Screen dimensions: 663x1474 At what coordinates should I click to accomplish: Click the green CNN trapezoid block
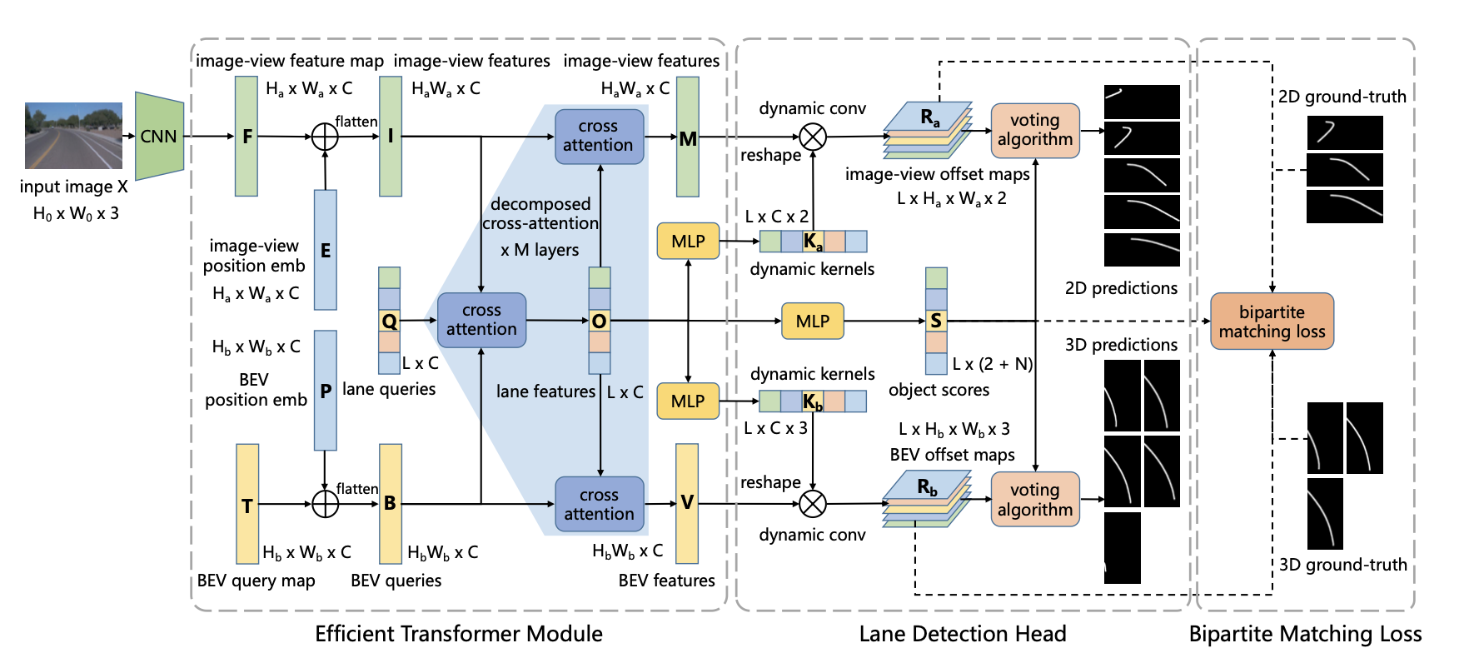click(x=159, y=136)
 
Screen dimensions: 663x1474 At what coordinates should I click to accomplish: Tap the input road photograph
click(x=73, y=136)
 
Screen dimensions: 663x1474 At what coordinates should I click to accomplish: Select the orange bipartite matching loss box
click(x=1272, y=322)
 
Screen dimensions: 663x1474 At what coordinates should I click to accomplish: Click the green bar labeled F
click(x=246, y=137)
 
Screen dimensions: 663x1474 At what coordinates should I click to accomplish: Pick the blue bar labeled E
click(x=326, y=250)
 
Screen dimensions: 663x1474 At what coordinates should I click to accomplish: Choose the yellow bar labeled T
click(x=247, y=505)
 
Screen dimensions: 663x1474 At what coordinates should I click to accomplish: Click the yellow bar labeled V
click(x=687, y=503)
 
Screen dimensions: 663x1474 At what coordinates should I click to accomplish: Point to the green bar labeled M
click(x=688, y=137)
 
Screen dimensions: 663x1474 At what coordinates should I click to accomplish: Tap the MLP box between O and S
click(x=813, y=322)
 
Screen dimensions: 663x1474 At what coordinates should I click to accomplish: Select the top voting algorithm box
click(x=1035, y=131)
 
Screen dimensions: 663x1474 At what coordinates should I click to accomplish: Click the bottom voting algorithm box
click(x=1035, y=500)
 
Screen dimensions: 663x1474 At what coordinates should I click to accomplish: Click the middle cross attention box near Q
click(x=481, y=321)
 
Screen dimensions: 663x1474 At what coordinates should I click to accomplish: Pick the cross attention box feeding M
click(x=599, y=136)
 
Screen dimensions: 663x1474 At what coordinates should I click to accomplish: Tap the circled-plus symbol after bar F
click(x=325, y=137)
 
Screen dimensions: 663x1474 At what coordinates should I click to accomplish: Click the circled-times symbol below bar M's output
click(x=813, y=137)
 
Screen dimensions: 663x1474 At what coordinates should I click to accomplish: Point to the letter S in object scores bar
click(x=936, y=321)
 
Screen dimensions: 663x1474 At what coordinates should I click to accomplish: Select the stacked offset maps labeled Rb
click(x=927, y=499)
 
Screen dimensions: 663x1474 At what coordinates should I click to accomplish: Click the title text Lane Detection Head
click(x=962, y=635)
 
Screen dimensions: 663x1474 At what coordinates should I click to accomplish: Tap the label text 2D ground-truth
click(x=1342, y=97)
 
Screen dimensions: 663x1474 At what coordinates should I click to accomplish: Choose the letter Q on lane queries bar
click(x=389, y=322)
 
